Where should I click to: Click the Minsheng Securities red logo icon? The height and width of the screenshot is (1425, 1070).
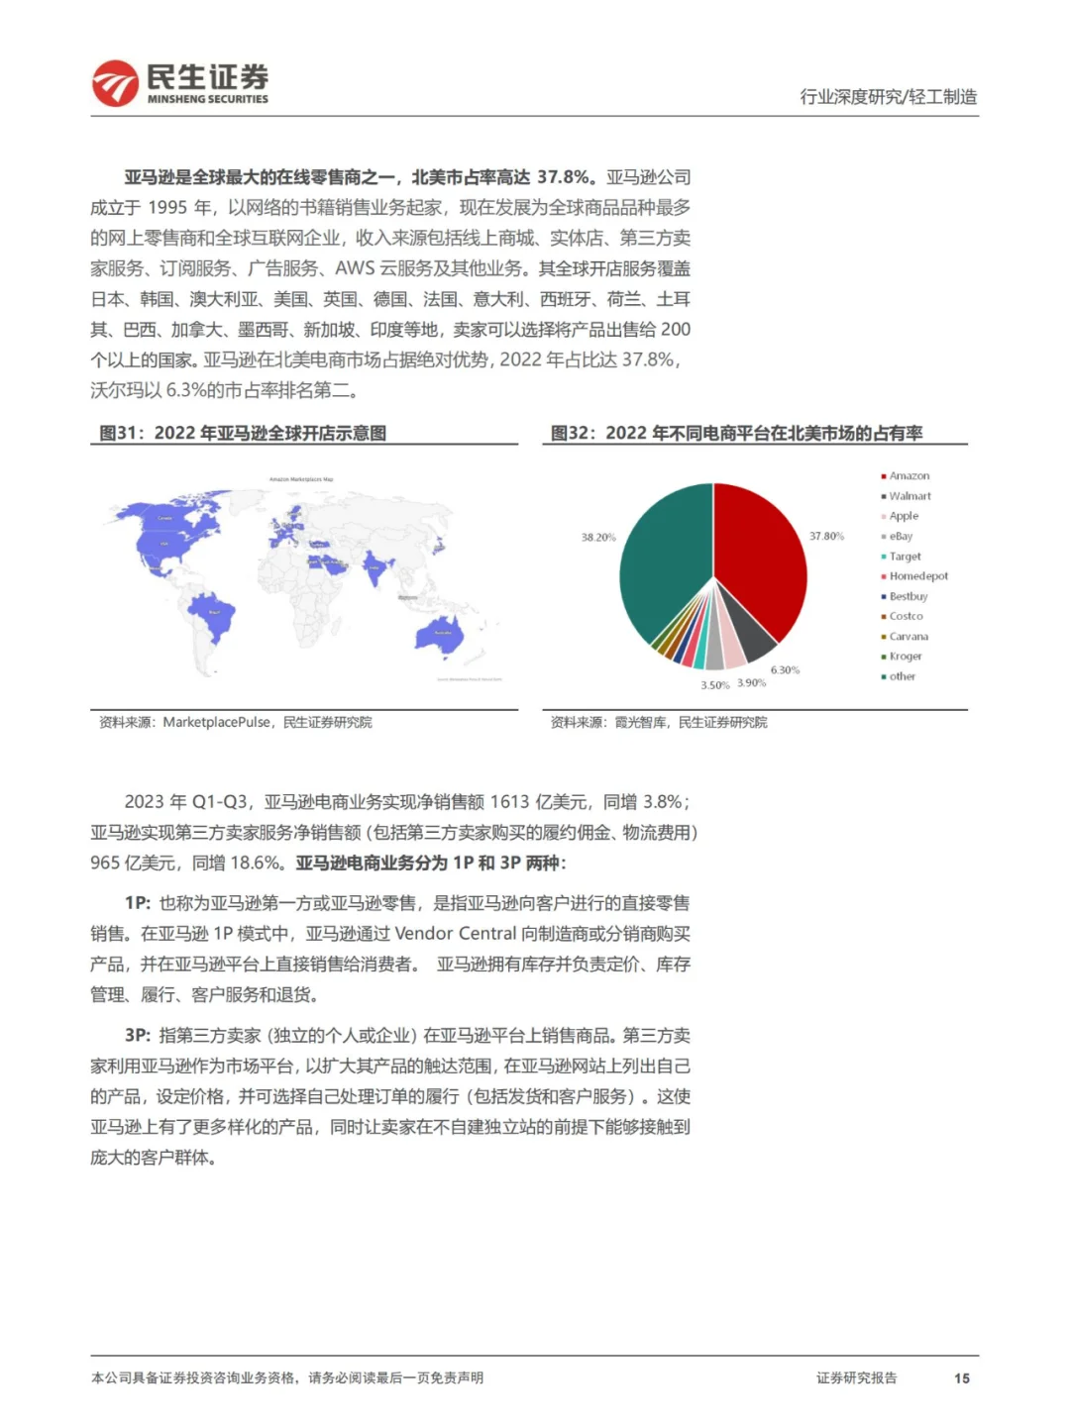(x=115, y=83)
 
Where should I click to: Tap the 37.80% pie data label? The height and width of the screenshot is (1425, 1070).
(x=826, y=536)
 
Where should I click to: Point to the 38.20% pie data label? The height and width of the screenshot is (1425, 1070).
(x=598, y=537)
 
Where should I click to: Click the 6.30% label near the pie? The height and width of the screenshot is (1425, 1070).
(x=785, y=670)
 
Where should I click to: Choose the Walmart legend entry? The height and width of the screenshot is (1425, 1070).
(x=909, y=496)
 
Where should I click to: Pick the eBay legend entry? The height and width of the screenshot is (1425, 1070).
(x=901, y=536)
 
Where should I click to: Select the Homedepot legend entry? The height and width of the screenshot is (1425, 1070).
(x=918, y=576)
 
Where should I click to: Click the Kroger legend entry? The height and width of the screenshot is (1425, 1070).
(x=906, y=657)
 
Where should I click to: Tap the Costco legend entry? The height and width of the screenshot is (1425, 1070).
(x=906, y=616)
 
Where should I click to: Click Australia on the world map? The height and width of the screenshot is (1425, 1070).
(x=441, y=638)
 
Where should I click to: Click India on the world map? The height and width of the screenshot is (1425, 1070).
(x=375, y=567)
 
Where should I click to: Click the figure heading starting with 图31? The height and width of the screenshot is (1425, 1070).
(x=243, y=433)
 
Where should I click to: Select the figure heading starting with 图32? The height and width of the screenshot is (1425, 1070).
(x=736, y=433)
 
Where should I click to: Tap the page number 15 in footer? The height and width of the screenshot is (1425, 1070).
(x=961, y=1377)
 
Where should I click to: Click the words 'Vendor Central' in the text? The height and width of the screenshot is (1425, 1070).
(x=456, y=933)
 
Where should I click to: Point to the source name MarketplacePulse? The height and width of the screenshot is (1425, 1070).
(x=216, y=722)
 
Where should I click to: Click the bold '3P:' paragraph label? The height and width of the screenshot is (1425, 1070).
(x=138, y=1035)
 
